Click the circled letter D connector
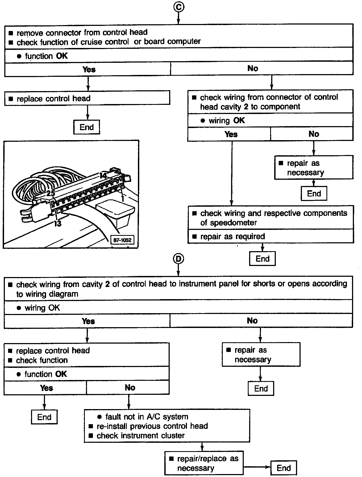point(178,259)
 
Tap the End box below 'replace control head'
point(86,127)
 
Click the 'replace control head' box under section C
point(87,98)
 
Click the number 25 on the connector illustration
point(50,193)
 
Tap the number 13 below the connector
point(57,223)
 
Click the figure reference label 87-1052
point(122,240)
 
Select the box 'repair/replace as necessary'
point(204,463)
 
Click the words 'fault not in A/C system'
point(147,417)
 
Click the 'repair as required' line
point(232,236)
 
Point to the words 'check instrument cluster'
point(141,435)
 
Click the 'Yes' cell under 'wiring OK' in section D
point(88,321)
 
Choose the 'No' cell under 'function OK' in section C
point(252,68)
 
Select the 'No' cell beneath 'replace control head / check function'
point(130,388)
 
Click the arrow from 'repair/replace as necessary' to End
point(256,467)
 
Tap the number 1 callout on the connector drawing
point(123,199)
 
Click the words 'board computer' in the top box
point(172,42)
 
